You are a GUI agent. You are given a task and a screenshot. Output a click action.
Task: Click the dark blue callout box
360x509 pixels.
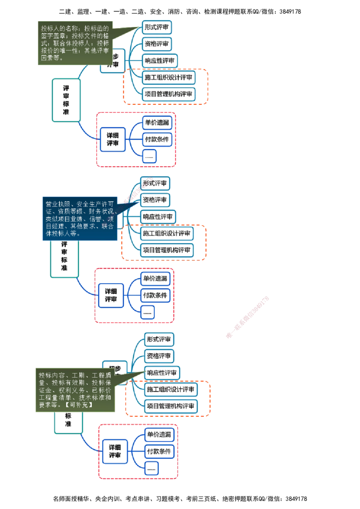pos(79,218)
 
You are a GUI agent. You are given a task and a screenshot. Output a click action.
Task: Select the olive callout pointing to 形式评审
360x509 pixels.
pos(74,43)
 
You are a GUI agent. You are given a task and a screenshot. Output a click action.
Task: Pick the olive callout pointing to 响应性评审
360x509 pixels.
pos(74,390)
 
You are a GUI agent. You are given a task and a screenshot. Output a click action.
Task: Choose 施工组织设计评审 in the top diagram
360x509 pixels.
pos(169,77)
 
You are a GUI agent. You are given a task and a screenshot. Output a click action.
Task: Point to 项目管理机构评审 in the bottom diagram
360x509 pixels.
pos(171,406)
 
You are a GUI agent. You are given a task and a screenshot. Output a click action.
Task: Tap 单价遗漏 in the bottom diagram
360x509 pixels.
pos(159,434)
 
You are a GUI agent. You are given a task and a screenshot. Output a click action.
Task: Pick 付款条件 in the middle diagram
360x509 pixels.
pos(155,296)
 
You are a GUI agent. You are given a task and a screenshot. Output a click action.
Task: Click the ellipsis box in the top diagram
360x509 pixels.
pos(149,156)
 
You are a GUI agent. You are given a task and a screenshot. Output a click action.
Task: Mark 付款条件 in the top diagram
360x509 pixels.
pos(157,139)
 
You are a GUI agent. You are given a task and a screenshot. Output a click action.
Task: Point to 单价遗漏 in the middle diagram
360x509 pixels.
pos(155,279)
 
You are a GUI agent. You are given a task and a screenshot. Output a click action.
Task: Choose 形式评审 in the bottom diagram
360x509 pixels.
pos(159,339)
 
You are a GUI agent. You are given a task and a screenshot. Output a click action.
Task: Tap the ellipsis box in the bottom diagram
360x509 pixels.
pos(152,468)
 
